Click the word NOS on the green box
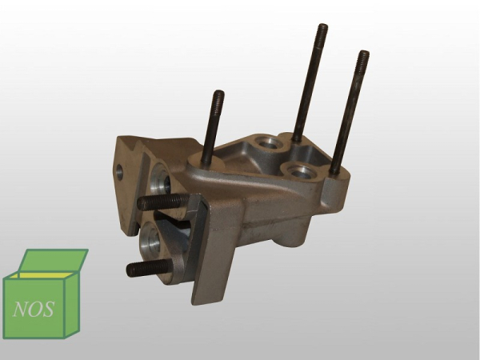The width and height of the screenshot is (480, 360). click(34, 309)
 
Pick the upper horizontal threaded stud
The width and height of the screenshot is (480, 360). click(162, 202)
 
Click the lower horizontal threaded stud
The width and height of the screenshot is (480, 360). click(148, 267)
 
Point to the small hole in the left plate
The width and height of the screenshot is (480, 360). click(120, 172)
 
